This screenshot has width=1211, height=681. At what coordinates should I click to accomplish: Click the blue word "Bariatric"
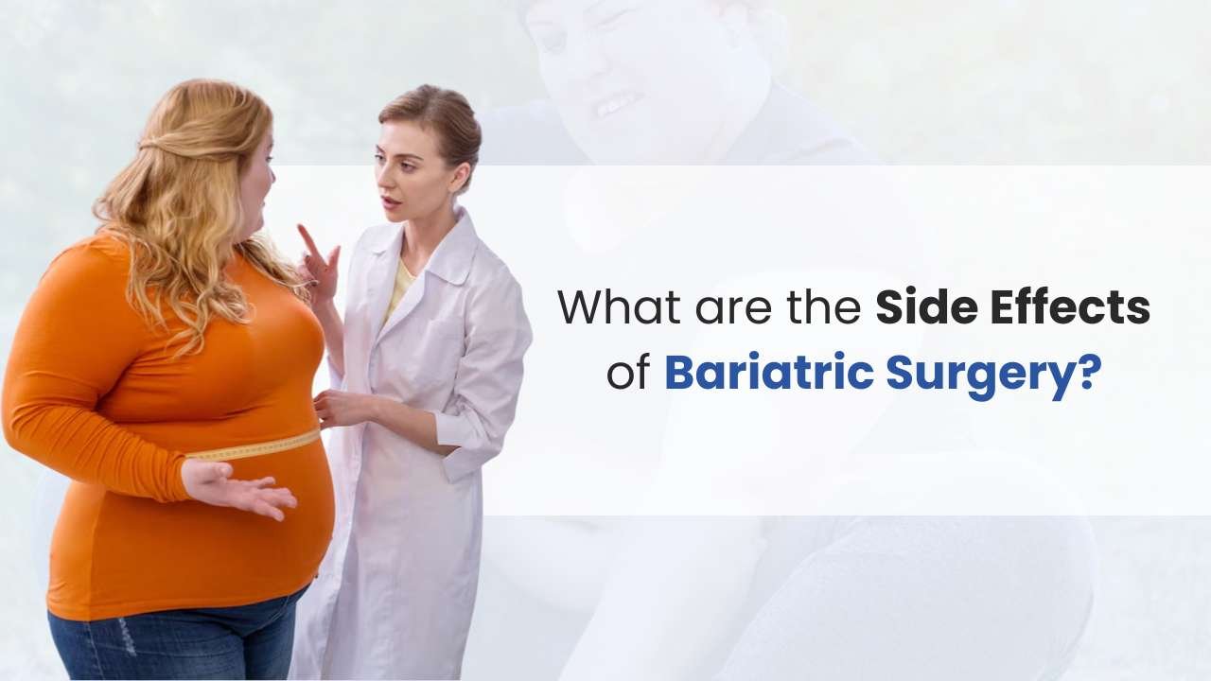(768, 373)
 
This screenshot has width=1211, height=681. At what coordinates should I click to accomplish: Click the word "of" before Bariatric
(628, 373)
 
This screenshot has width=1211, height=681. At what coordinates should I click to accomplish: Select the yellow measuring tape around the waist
(255, 448)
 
